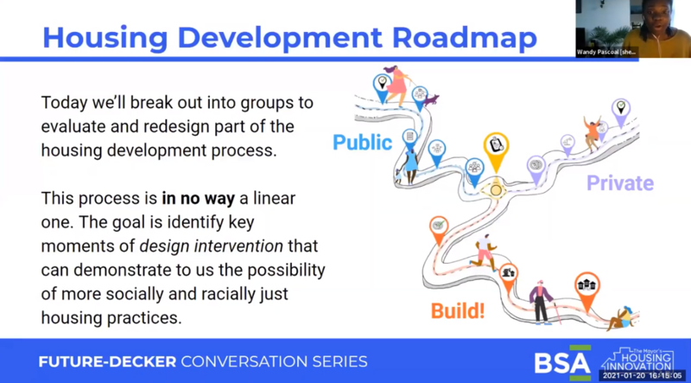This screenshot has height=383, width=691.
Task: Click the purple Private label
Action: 620,182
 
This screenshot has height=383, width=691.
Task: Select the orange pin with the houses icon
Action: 588,289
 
